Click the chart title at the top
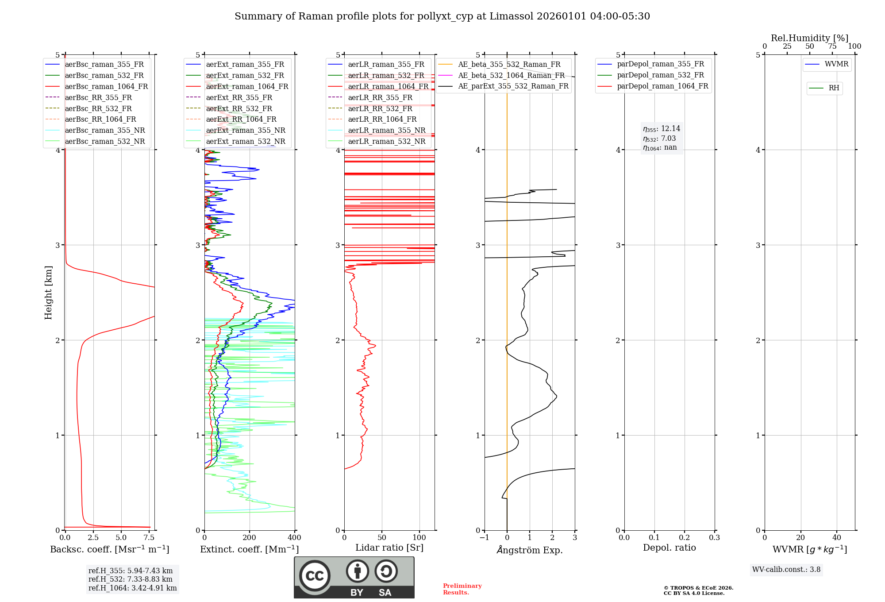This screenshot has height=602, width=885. [442, 16]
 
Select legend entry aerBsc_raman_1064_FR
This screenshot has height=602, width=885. [106, 86]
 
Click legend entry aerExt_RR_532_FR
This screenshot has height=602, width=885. [239, 108]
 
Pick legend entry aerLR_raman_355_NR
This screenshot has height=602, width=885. [386, 130]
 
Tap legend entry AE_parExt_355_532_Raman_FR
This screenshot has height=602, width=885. [513, 86]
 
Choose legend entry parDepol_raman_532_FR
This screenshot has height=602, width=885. [660, 75]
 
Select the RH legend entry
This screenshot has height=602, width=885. [834, 88]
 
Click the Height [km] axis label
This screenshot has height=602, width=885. [48, 293]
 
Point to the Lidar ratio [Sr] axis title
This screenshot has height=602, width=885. [389, 548]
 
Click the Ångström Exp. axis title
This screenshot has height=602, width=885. [530, 550]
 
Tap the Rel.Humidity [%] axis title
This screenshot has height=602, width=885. [809, 38]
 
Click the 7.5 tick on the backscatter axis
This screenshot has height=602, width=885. [149, 538]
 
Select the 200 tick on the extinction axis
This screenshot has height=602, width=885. [250, 538]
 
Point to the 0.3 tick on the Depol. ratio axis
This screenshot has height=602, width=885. [714, 538]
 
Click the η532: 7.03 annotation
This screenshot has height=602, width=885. [659, 139]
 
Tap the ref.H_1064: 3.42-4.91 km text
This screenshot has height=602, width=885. [132, 588]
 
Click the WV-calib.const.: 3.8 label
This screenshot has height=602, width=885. [786, 570]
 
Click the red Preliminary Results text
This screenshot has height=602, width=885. [462, 589]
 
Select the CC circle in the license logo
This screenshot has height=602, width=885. [315, 576]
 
